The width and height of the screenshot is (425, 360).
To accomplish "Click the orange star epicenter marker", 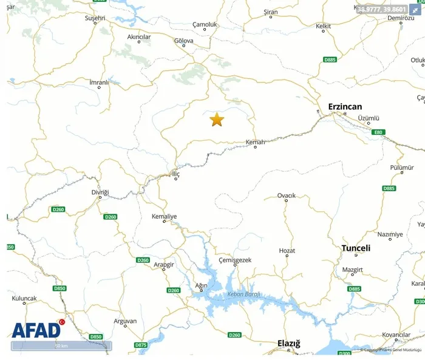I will (x=217, y=120).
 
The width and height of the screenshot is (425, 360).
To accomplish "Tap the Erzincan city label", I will (x=345, y=106).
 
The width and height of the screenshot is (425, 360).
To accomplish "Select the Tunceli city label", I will (x=356, y=248).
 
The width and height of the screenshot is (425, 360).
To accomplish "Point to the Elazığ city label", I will (x=288, y=344).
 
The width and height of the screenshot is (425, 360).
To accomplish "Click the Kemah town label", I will (x=255, y=143).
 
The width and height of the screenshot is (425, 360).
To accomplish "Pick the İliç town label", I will (x=176, y=172).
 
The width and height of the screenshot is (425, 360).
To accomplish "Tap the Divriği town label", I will (x=100, y=192).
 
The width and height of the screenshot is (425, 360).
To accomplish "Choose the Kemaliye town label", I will (x=164, y=216).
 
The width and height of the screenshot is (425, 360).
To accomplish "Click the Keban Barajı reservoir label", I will (x=243, y=294).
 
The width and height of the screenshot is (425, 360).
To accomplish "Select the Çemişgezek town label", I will (x=234, y=260).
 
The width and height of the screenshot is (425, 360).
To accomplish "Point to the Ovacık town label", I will (x=287, y=195).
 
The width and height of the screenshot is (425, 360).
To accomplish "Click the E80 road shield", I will (x=379, y=132).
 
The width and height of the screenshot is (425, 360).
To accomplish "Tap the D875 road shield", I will (x=141, y=345).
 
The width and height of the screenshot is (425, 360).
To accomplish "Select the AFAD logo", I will (x=37, y=329).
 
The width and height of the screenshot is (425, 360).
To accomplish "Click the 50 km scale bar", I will (x=61, y=346).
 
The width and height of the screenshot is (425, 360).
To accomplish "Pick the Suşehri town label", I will (x=95, y=19).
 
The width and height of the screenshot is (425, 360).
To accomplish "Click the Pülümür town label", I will (x=402, y=167).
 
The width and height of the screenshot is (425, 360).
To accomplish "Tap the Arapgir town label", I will (x=163, y=265).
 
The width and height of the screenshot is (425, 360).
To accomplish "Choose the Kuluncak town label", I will (x=24, y=298).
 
